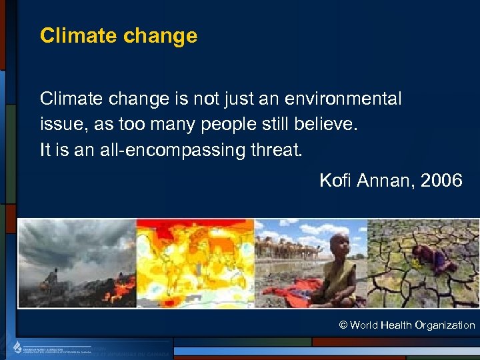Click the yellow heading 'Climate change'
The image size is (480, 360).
point(119,35)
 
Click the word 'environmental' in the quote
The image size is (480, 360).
point(343,99)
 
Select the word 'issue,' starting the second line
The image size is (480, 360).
point(61,125)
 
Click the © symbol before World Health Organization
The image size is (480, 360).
point(343,325)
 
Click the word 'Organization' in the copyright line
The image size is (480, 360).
point(445,325)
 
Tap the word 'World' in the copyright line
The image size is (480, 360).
point(363,325)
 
